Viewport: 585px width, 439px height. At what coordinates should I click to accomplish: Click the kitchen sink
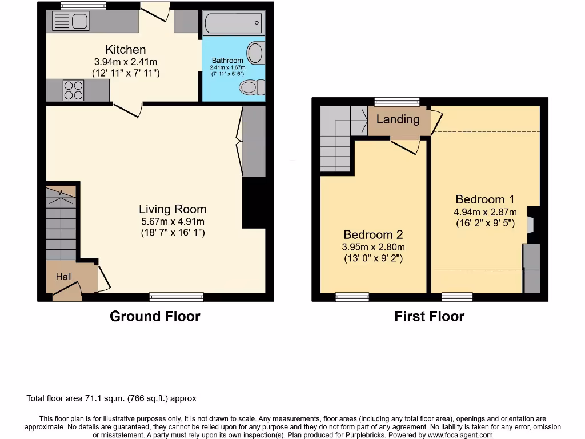[71, 22]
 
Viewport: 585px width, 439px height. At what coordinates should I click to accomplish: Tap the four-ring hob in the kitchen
[73, 90]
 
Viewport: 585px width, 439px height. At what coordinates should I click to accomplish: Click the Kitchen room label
[126, 50]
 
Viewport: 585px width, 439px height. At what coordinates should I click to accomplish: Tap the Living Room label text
[173, 209]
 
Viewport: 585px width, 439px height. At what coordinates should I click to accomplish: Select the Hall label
[64, 277]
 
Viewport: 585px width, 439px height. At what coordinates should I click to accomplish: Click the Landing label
[398, 119]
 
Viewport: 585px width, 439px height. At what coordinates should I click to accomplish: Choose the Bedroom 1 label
[484, 199]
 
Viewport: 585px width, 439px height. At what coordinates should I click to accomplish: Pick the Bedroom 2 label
[374, 234]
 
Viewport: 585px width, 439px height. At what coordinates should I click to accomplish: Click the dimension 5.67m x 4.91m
[173, 222]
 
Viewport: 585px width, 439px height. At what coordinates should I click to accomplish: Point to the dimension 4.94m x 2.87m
[484, 211]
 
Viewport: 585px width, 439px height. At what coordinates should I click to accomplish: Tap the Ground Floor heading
[155, 316]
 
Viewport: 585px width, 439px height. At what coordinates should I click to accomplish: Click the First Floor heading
[429, 316]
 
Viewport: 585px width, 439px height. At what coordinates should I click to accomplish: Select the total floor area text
[111, 398]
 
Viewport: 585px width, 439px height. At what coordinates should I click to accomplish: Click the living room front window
[177, 296]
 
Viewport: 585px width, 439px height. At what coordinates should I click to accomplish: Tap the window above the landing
[397, 102]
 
